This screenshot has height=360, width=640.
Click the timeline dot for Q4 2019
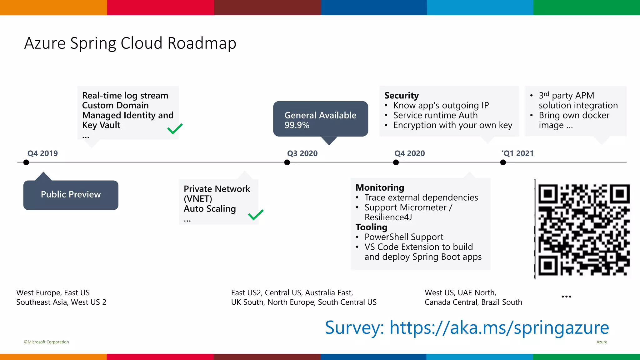click(x=26, y=162)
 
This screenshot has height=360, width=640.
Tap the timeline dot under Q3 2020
click(x=287, y=162)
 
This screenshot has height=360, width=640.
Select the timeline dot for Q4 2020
click(x=396, y=162)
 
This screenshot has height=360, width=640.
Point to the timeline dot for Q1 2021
click(x=503, y=162)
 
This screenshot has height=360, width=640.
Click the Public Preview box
click(x=71, y=195)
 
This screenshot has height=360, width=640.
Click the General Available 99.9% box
click(x=320, y=119)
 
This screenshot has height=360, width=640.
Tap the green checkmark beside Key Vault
click(x=175, y=128)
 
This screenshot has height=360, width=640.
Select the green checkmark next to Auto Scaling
click(x=256, y=215)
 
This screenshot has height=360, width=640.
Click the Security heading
click(x=402, y=95)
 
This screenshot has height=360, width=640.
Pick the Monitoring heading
click(x=380, y=187)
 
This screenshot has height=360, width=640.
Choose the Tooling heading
click(x=371, y=227)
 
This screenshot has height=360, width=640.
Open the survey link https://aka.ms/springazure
click(x=499, y=327)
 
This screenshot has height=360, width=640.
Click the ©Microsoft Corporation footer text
click(x=46, y=342)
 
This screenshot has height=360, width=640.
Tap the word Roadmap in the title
click(x=202, y=43)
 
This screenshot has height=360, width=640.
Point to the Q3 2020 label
click(x=302, y=153)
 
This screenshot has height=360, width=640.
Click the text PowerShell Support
click(x=404, y=237)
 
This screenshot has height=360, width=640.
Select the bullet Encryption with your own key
click(x=452, y=125)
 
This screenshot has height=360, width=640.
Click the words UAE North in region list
click(x=476, y=293)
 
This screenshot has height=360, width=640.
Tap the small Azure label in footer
click(x=602, y=342)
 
